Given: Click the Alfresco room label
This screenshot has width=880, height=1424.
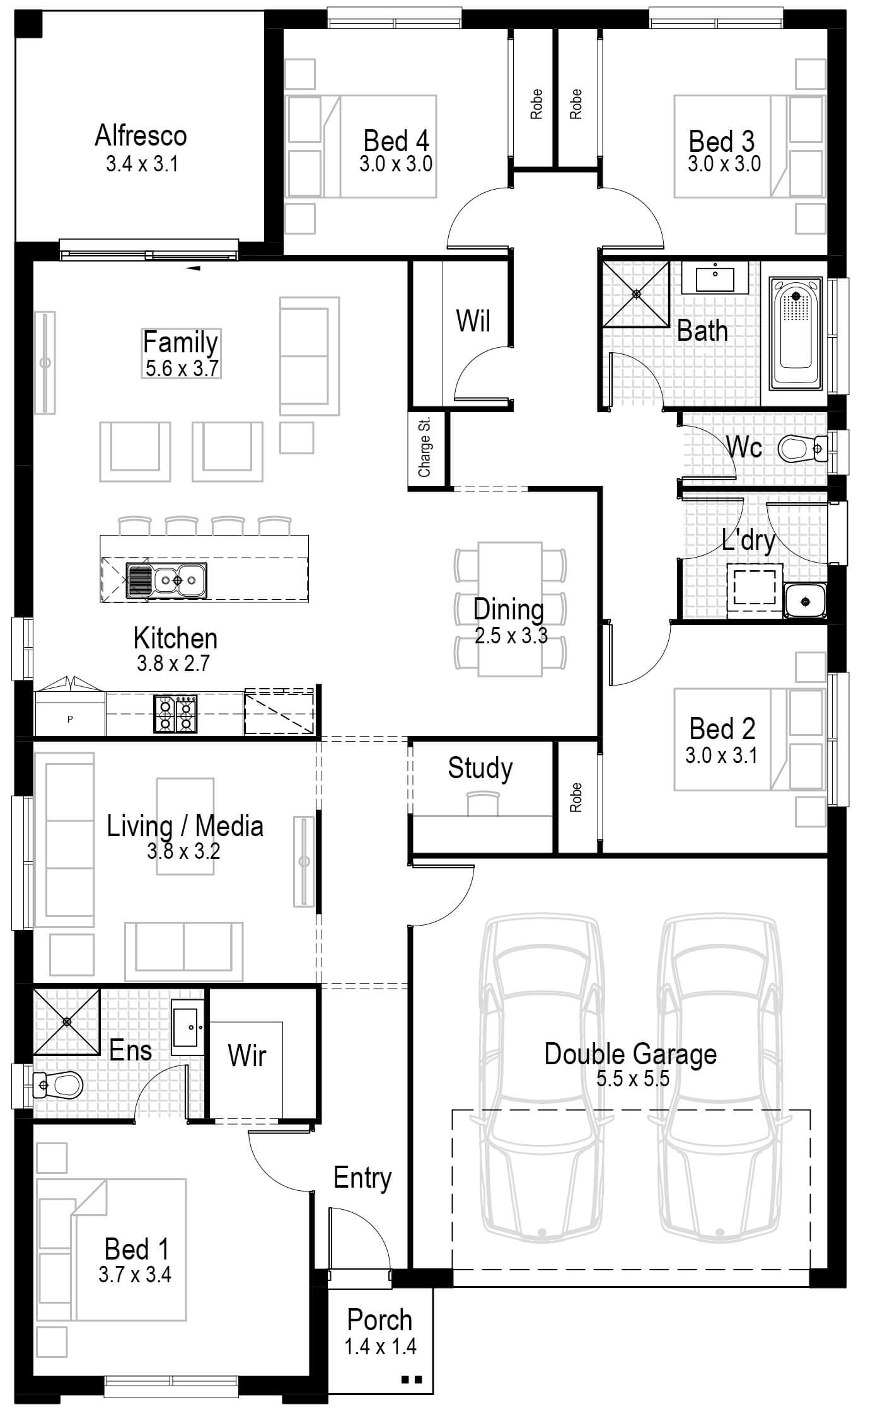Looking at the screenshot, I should click(x=141, y=135).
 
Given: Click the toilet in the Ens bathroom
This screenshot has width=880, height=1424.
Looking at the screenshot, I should click(x=59, y=1084).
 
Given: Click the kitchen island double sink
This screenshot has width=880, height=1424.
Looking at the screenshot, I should click(x=166, y=578).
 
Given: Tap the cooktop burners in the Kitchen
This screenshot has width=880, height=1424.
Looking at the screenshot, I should click(x=176, y=714).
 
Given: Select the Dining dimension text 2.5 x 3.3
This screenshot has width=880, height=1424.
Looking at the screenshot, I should click(x=511, y=636).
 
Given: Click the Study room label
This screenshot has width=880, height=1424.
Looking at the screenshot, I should click(x=480, y=768).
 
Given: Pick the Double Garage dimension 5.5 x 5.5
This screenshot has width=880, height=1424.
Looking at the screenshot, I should click(x=632, y=1078).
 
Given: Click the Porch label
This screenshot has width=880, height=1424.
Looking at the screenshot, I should click(x=379, y=1319).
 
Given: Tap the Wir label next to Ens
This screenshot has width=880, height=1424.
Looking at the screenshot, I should click(x=246, y=1055).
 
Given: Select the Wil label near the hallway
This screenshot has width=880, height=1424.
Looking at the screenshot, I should click(x=473, y=320).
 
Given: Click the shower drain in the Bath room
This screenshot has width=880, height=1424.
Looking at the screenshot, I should click(x=636, y=294).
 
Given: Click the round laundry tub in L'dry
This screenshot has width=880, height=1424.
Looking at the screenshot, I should click(x=804, y=602).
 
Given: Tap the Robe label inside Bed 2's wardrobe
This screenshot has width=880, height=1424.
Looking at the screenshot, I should click(x=576, y=798).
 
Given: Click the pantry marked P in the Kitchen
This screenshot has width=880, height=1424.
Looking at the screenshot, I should click(x=70, y=718).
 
